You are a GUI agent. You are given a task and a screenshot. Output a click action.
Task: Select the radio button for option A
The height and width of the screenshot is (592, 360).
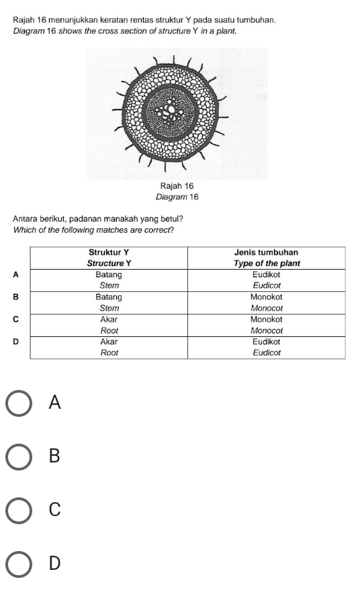20,403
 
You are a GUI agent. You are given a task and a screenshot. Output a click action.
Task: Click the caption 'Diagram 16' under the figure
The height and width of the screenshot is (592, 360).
177,196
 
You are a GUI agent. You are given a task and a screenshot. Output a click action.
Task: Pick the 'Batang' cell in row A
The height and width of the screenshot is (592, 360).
109,275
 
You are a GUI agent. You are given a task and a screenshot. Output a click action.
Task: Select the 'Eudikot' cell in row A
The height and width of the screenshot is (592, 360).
266,275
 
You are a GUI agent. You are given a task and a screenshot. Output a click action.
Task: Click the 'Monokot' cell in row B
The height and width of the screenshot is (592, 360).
266,297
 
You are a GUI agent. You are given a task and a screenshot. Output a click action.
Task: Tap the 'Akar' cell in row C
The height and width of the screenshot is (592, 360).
109,319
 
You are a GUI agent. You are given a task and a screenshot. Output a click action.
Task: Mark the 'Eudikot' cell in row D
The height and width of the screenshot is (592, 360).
266,342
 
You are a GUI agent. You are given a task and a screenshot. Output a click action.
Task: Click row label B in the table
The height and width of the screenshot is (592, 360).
16,297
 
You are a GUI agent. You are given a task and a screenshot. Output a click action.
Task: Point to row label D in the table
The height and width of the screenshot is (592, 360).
16,342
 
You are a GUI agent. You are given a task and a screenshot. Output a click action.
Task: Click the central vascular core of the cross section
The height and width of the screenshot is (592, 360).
171,110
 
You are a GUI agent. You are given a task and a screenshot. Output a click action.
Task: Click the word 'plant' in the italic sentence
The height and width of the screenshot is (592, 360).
228,32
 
